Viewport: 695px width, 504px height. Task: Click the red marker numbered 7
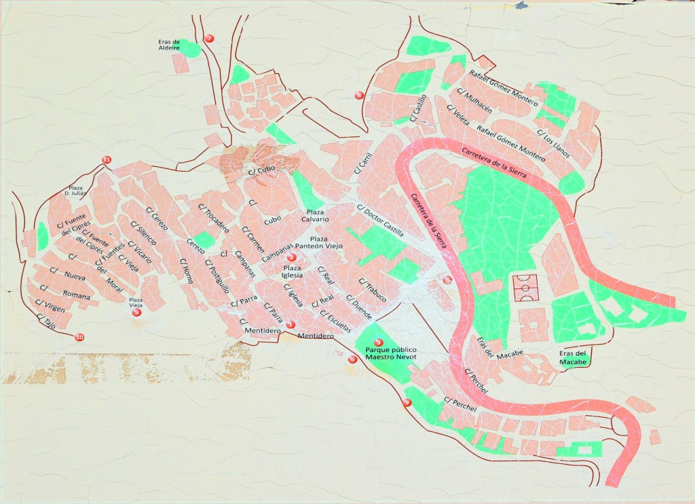click(209, 39)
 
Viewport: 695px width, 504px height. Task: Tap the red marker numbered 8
click(359, 95)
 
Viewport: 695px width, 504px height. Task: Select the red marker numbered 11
click(106, 159)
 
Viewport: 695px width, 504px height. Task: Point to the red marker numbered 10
click(79, 337)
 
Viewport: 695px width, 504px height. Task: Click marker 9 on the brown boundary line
click(407, 403)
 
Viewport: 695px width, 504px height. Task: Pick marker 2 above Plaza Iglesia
click(292, 257)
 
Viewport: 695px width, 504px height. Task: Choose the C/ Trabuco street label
click(373, 290)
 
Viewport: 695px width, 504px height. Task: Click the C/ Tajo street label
click(46, 321)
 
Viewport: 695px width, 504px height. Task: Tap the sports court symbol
click(523, 288)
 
